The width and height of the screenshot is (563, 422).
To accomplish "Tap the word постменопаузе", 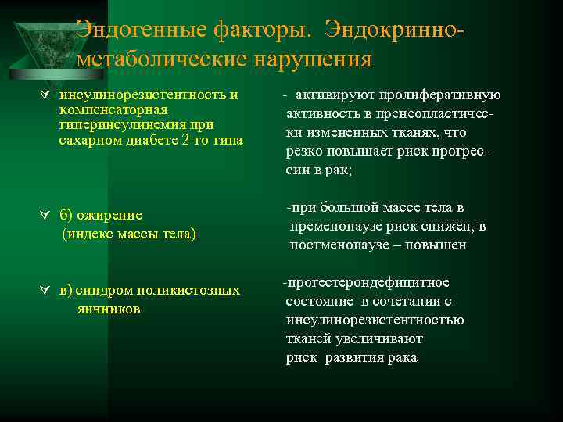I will point(335,245).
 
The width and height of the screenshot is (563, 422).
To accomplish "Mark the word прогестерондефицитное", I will point(367,282).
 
